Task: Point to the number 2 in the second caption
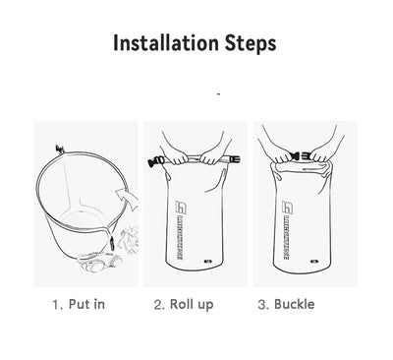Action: (159, 304)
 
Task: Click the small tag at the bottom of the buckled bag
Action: (312, 263)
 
